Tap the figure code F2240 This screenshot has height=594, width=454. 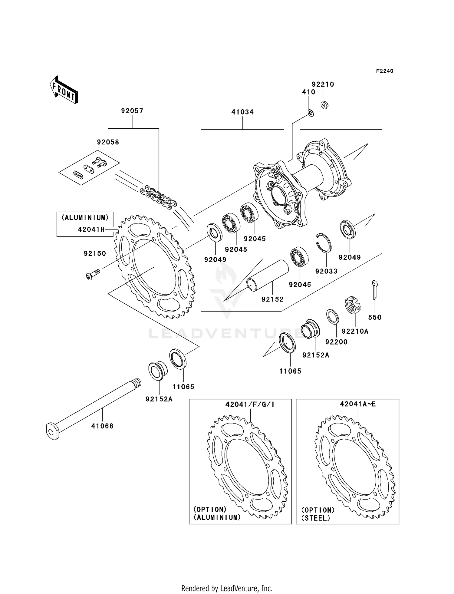pos(384,71)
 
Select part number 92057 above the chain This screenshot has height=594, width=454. pos(132,111)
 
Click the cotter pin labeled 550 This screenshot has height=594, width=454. pos(374,290)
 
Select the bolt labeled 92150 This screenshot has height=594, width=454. pos(93,274)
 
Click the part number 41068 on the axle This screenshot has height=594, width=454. pos(102,426)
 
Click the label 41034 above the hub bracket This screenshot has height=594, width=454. pos(242,112)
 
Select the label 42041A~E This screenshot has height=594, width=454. pos(357,404)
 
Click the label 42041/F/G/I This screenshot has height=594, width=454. pos(250,404)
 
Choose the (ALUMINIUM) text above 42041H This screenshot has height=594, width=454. pos(85,217)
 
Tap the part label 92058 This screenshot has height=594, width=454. pos(108,142)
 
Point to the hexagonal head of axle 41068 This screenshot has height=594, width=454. pos(52,431)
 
